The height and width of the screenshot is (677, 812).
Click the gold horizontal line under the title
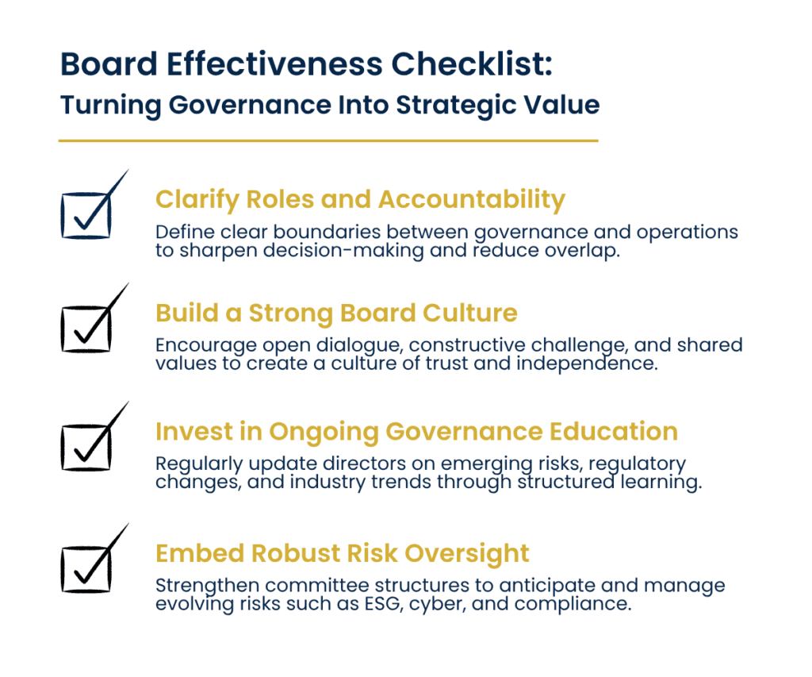click(327, 141)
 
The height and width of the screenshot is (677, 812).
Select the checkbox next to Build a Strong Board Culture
click(84, 328)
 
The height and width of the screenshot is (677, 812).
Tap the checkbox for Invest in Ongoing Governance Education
click(84, 446)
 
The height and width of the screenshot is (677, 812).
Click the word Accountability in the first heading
click(471, 199)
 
